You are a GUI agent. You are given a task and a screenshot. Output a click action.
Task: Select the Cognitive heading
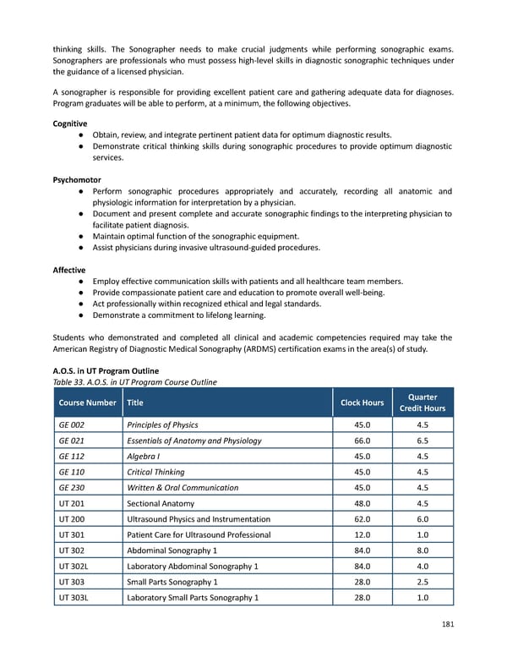click(x=70, y=123)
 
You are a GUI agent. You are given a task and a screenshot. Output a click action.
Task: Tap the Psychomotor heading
click(x=77, y=179)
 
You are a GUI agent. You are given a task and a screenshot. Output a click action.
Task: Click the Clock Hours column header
click(x=363, y=403)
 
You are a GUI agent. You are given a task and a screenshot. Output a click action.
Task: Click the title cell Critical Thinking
click(x=155, y=472)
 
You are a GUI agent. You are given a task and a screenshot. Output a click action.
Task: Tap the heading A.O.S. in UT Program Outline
click(x=106, y=370)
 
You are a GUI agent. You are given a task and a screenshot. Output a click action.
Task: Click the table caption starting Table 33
click(x=134, y=381)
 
